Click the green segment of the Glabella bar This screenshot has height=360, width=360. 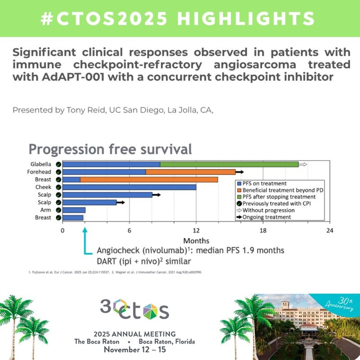pos(229,164)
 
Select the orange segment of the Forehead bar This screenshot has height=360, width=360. pos(190,172)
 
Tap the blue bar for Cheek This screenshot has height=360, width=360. pos(129,187)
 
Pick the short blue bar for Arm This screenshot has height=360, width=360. pos(74,210)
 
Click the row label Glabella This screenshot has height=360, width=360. pos(40,164)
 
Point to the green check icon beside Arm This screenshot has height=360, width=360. pos(58,210)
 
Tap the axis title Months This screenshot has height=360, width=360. pos(196,241)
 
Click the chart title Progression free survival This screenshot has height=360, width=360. pos(110,148)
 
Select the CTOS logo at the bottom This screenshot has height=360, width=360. pos(135,310)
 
